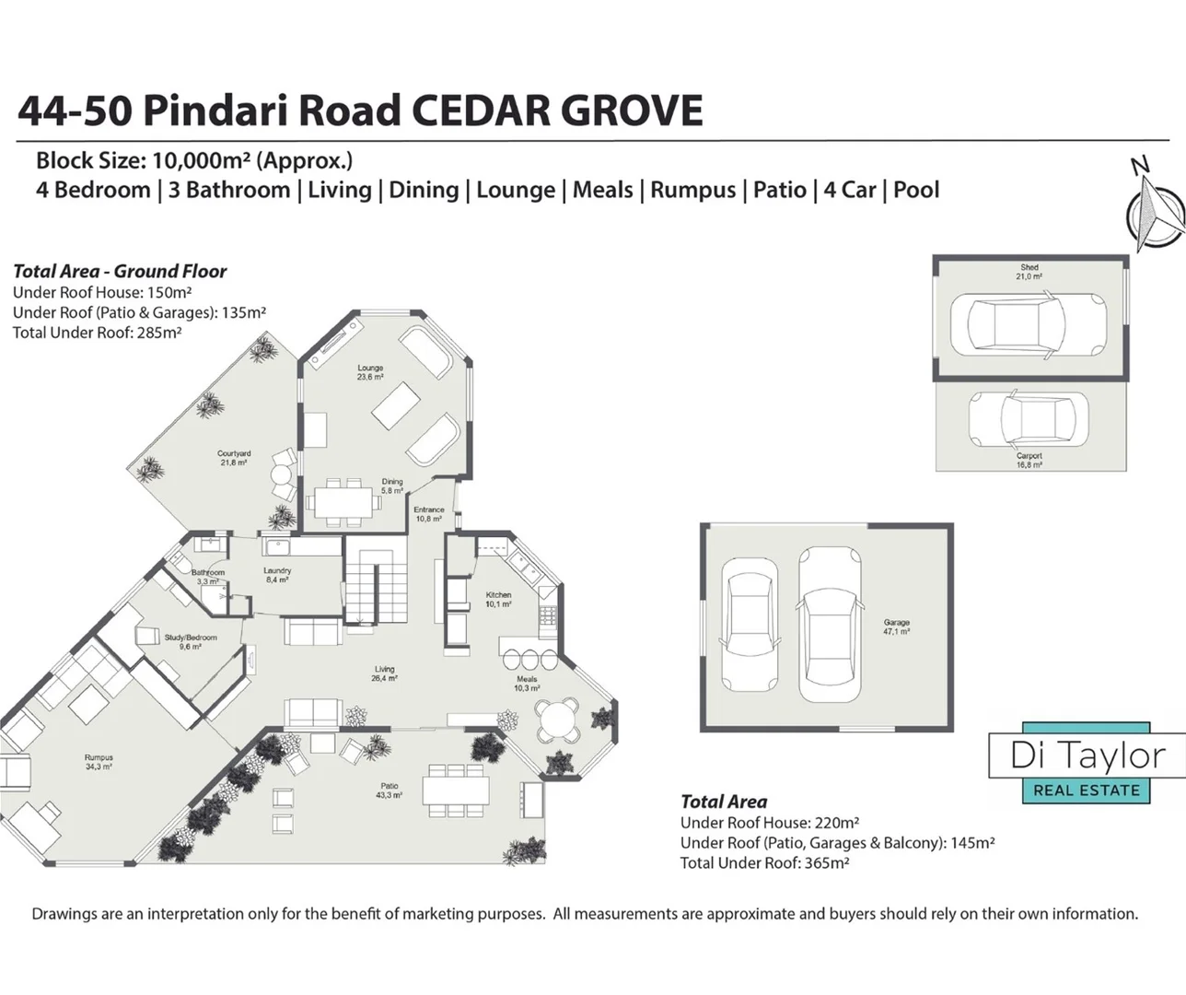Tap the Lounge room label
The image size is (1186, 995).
[370, 372]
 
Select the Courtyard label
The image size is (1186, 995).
[234, 458]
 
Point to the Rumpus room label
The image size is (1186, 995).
[99, 762]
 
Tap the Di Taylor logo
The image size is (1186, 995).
[1087, 764]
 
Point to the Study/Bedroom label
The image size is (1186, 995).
[191, 641]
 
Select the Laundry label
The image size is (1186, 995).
[277, 575]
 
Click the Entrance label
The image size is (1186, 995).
[429, 514]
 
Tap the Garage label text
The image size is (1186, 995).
[896, 626]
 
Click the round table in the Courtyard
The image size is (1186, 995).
[280, 475]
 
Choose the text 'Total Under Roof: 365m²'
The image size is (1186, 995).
[764, 863]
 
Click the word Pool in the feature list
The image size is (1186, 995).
[916, 191]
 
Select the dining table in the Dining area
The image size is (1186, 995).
[343, 503]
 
